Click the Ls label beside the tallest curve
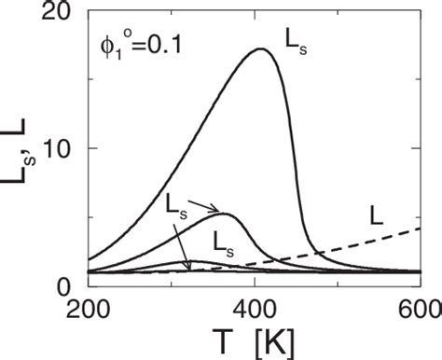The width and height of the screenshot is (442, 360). (297, 39)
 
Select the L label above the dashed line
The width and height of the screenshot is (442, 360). (378, 214)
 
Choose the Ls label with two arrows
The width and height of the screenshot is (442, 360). (178, 202)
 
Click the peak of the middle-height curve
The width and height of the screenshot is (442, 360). (227, 215)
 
